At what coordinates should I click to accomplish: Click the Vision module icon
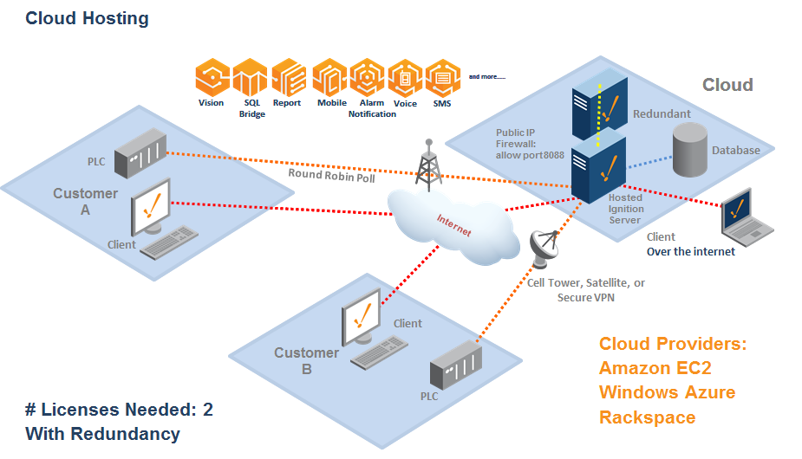tap(212, 78)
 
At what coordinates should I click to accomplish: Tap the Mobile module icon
tap(330, 78)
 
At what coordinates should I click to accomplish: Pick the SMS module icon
tap(441, 78)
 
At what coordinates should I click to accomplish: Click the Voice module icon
tap(405, 78)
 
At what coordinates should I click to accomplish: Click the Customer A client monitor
tap(153, 205)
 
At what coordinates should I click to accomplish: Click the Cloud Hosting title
tap(87, 18)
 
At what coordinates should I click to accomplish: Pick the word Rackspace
tap(647, 417)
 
